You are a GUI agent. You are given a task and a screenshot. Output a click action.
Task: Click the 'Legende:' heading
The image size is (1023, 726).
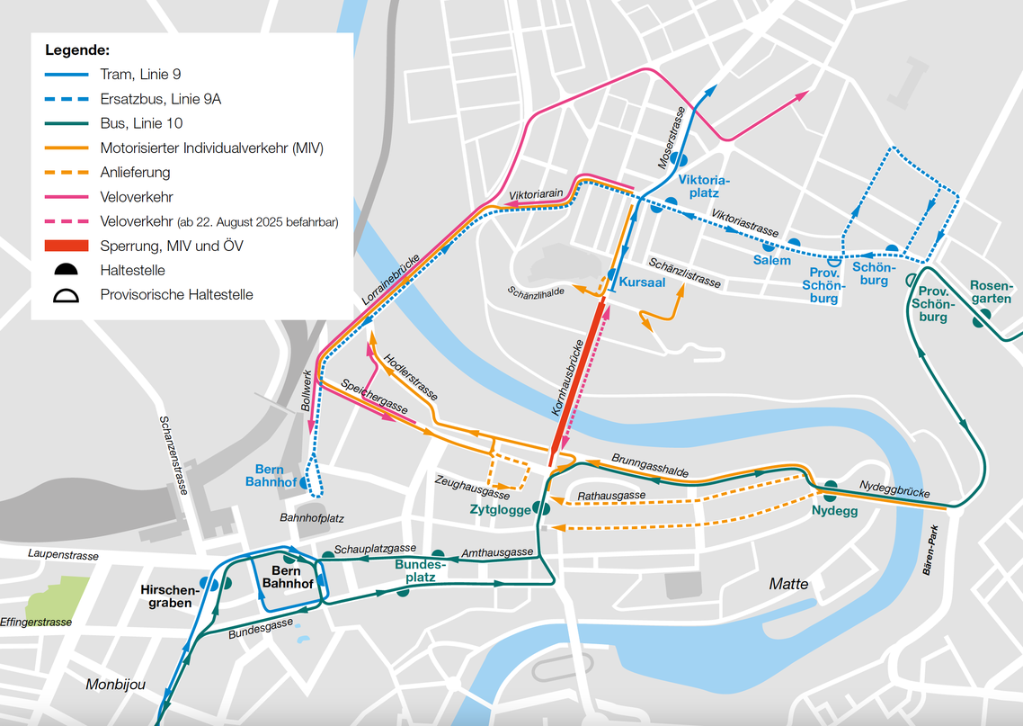click(77, 49)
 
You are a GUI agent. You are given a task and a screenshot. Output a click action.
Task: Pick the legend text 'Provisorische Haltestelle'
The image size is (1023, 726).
click(176, 294)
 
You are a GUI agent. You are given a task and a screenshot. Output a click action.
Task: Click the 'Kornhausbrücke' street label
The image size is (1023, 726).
click(567, 377)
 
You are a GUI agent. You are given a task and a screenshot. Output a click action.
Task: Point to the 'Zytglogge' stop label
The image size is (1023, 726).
click(500, 509)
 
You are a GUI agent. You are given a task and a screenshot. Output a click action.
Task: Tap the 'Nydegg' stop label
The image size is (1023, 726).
click(834, 511)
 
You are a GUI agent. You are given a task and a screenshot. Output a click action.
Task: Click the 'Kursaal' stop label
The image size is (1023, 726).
click(642, 282)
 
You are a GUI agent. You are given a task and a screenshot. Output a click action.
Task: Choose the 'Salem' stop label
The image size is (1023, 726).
click(772, 261)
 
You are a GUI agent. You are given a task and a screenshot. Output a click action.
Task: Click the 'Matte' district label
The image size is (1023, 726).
click(788, 585)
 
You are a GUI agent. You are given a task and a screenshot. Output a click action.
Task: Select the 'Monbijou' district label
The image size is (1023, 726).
click(115, 685)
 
